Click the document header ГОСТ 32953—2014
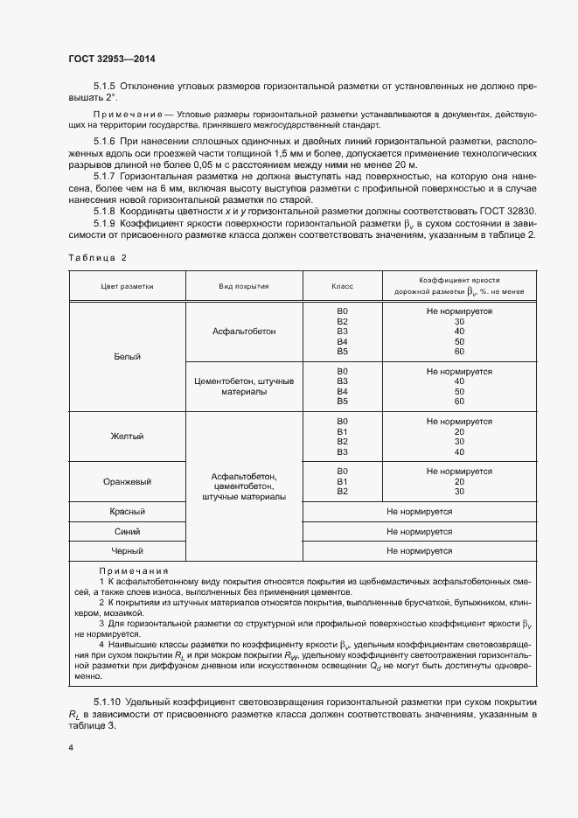point(111,59)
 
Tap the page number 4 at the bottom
point(71,748)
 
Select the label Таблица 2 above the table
point(97,258)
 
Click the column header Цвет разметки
point(127,286)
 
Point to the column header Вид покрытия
point(244,286)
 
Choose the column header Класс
point(342,286)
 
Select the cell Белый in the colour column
point(127,357)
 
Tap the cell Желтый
point(127,436)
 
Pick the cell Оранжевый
point(127,481)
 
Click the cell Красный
point(127,511)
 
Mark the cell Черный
point(127,551)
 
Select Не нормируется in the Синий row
point(419,531)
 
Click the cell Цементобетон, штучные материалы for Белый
point(244,388)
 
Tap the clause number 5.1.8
point(104,211)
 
